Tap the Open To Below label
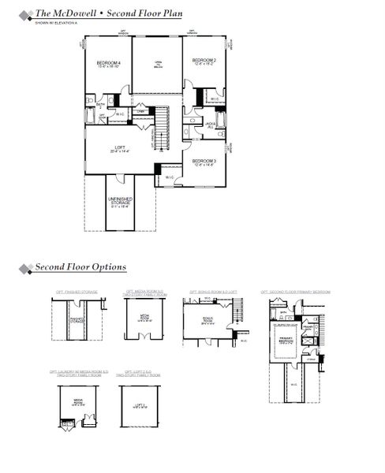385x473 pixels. pos(157,65)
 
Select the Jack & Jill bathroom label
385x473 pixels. pos(211,125)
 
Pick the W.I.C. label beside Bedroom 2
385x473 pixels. pos(214,99)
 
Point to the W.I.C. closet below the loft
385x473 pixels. pos(169,177)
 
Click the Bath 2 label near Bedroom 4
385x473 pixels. pos(100,104)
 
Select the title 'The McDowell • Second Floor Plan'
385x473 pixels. pos(108,13)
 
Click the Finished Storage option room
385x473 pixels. pos(77,321)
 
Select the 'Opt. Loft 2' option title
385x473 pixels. pos(137,371)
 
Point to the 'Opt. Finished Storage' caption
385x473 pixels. pos(77,292)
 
